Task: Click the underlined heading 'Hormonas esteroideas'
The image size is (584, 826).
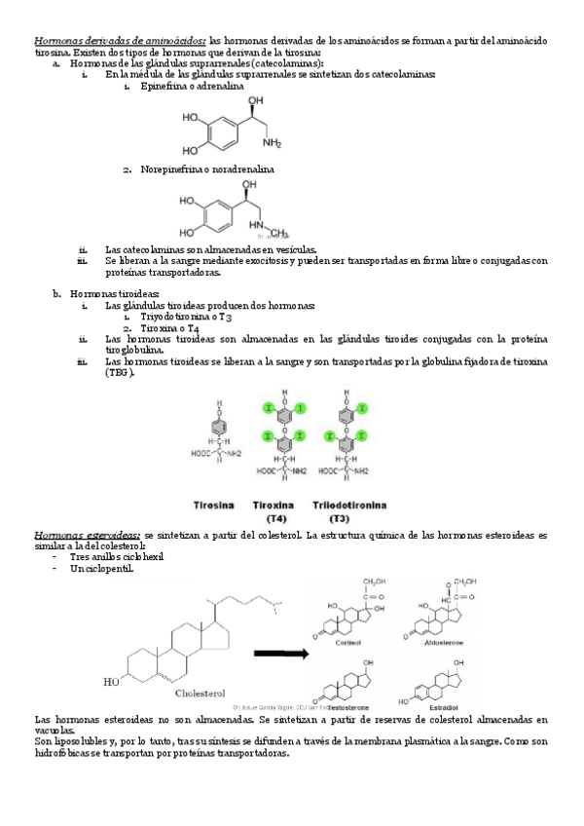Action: [x=87, y=536]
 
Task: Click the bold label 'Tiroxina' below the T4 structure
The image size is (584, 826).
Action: [x=273, y=506]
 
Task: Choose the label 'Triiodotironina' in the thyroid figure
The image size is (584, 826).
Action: [x=348, y=506]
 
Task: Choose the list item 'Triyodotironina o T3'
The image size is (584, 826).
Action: [x=186, y=317]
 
